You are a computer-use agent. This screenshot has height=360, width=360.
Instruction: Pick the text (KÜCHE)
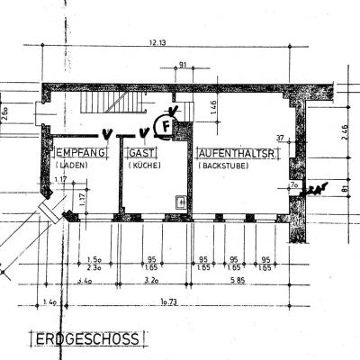(144, 166)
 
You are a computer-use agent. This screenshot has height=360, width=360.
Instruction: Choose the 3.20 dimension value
(150, 282)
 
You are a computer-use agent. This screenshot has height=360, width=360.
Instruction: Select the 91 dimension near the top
(184, 64)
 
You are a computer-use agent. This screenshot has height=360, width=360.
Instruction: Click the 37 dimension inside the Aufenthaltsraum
(280, 138)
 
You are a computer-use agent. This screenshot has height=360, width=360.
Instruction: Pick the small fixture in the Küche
(182, 202)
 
